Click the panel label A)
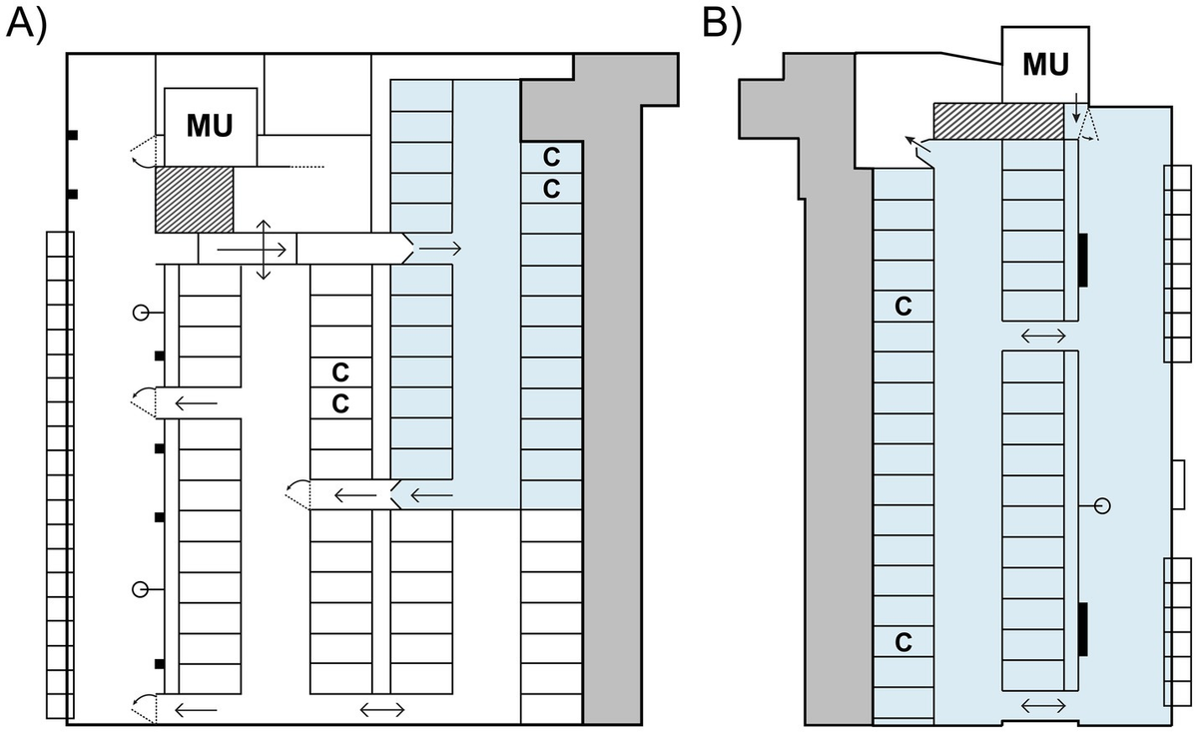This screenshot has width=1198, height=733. coord(27,23)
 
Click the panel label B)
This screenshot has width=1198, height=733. coord(722,23)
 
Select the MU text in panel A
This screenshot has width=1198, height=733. coord(211,127)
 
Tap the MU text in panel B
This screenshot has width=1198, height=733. coord(1045,65)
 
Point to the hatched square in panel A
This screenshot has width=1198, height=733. coord(194,200)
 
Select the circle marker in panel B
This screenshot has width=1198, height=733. coord(1102,506)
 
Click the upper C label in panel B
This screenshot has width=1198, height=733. coord(902,307)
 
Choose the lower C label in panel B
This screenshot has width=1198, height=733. coord(902,642)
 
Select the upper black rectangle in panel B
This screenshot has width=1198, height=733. coord(1083,261)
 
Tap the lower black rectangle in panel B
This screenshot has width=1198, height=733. coord(1083,629)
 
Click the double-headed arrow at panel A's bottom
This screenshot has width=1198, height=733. coord(382,710)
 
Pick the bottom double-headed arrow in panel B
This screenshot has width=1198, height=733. coord(1043,706)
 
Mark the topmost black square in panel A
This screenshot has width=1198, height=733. coord(73,135)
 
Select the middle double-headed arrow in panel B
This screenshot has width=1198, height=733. coord(1043,337)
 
